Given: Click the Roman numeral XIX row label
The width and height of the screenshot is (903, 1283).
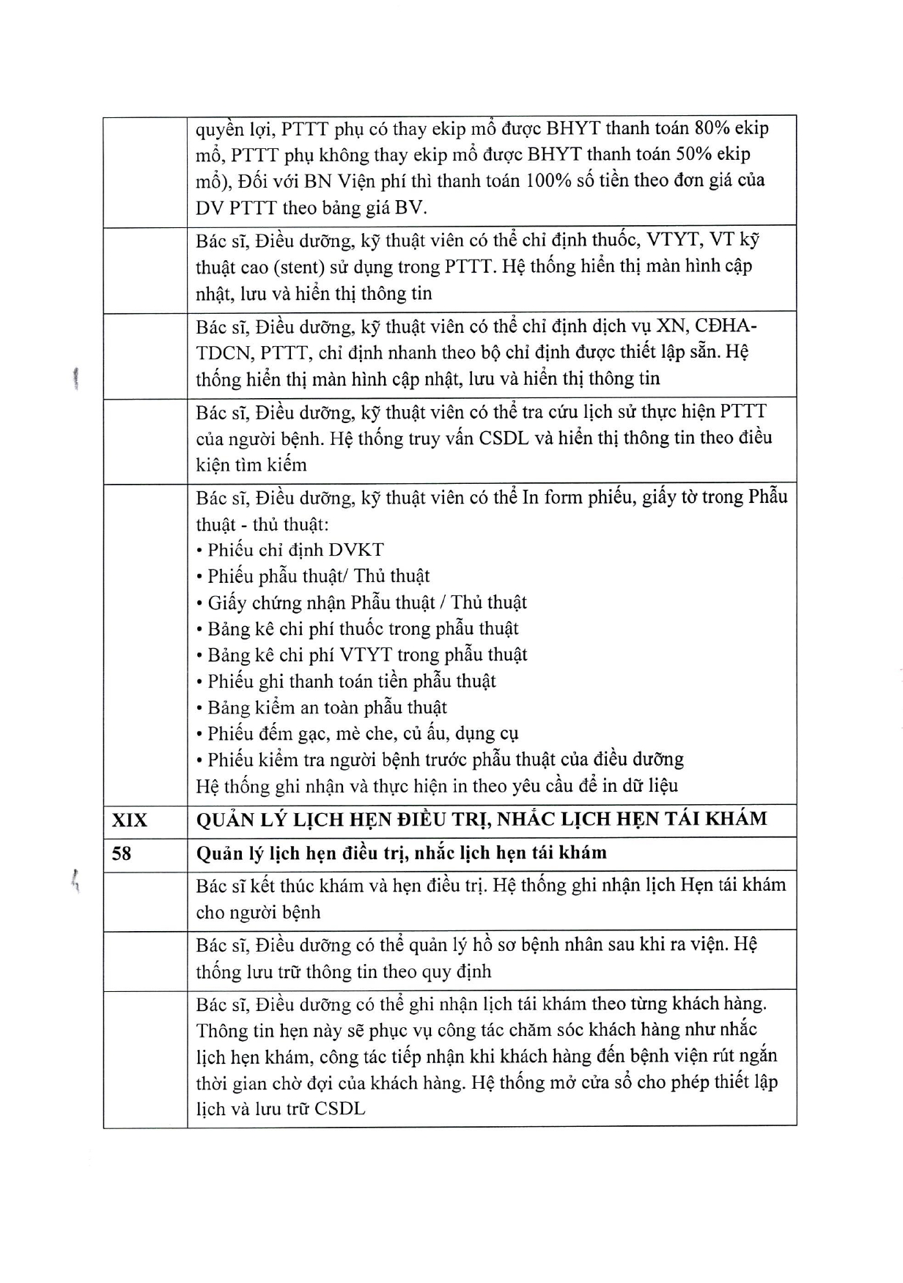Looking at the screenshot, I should click(x=129, y=820).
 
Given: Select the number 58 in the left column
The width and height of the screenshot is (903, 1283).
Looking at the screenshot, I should click(x=122, y=853).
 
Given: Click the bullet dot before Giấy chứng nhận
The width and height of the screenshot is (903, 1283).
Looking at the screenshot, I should click(x=199, y=604).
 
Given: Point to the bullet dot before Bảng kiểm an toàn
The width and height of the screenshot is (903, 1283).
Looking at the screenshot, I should click(x=199, y=709).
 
